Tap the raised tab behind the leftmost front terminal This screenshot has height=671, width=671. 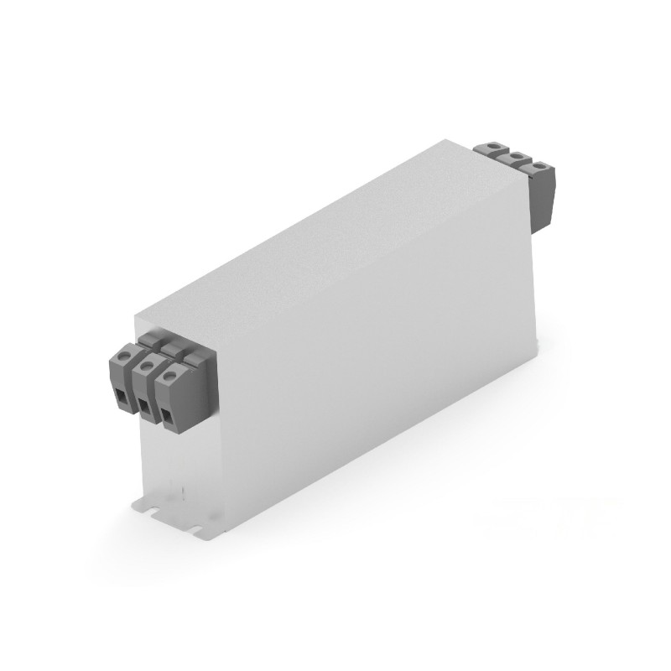coord(148,337)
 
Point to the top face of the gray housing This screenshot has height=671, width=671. coord(335,235)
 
